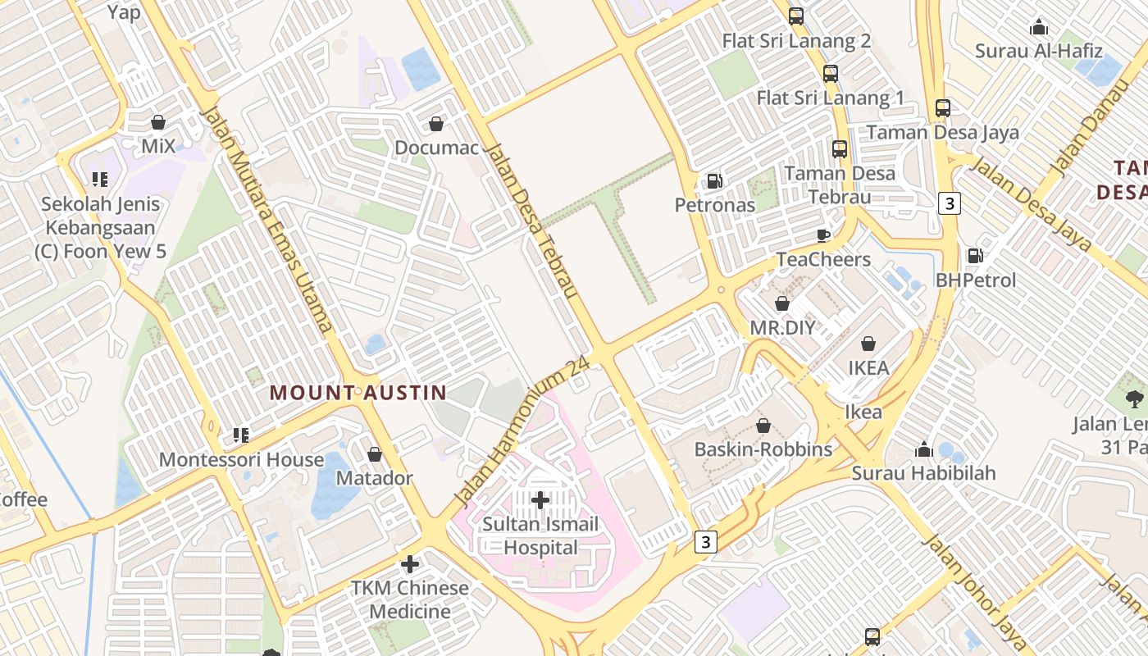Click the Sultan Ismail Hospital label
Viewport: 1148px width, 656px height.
point(540,535)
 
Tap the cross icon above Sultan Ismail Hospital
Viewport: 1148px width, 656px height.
point(540,499)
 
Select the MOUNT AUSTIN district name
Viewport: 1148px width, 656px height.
point(358,393)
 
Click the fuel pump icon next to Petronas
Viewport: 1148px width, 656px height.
point(715,180)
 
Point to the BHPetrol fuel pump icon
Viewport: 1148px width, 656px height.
point(975,256)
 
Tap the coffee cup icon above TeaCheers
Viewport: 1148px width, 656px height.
point(823,235)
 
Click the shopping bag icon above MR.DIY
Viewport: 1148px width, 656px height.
point(782,303)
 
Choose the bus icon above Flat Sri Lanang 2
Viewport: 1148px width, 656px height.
point(795,16)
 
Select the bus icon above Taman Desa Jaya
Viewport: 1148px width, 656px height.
point(943,107)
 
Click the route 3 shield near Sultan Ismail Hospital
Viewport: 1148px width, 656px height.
point(706,541)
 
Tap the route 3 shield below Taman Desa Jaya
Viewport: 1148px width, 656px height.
point(949,203)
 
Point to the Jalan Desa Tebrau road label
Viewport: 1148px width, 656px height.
point(532,221)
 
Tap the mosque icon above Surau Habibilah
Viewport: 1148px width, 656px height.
point(924,449)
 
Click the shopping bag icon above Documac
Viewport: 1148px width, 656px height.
point(436,124)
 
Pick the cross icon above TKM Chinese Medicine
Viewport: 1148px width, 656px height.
point(410,564)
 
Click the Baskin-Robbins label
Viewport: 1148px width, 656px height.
point(763,449)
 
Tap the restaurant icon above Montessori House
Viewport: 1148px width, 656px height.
point(240,435)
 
